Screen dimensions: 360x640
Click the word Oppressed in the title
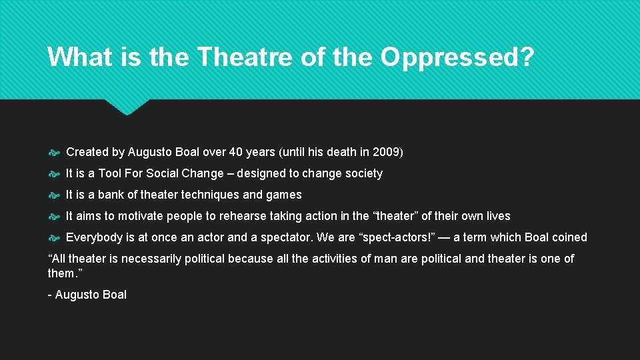click(457, 57)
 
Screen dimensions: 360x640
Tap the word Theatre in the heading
click(244, 57)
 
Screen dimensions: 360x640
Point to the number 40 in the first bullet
click(236, 152)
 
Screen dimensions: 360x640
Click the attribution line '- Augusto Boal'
click(87, 295)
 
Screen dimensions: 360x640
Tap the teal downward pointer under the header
click(127, 107)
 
